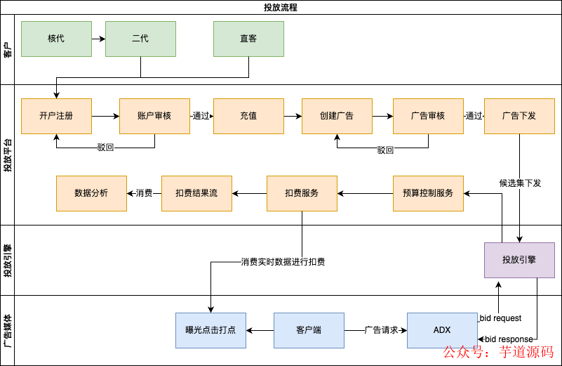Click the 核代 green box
(x=56, y=39)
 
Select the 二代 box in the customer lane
(x=140, y=39)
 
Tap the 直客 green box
(x=248, y=39)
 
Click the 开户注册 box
(x=56, y=116)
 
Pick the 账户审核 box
(x=154, y=116)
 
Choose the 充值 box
(x=248, y=116)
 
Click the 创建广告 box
(x=337, y=116)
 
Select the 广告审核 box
(x=428, y=116)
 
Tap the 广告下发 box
(x=519, y=116)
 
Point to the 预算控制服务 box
(x=428, y=193)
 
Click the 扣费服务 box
(x=302, y=193)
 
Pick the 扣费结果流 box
(x=196, y=193)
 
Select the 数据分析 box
(x=91, y=193)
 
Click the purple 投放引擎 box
(x=519, y=260)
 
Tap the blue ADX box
(x=442, y=330)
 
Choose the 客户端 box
(x=309, y=330)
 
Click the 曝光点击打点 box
(x=210, y=330)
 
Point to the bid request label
(x=500, y=318)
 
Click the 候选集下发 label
(x=520, y=183)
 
